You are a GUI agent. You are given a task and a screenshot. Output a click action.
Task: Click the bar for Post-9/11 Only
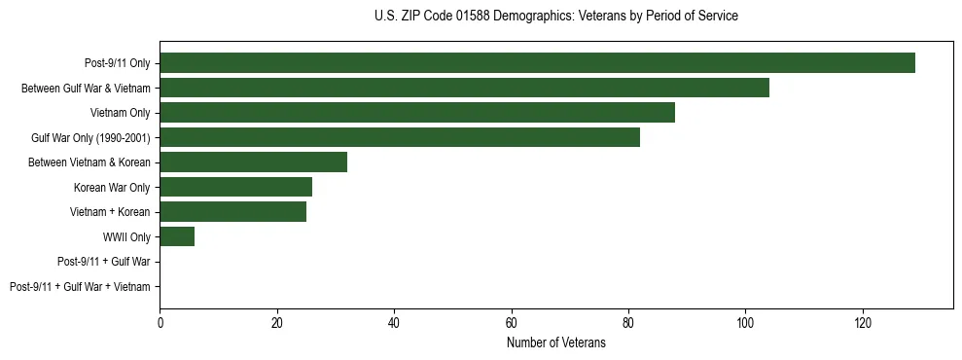[x=537, y=63]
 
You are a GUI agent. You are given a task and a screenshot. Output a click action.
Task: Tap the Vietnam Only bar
[x=417, y=113]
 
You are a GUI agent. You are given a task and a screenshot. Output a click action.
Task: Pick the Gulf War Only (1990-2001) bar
[x=400, y=137]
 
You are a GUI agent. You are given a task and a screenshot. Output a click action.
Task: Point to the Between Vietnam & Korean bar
[x=253, y=162]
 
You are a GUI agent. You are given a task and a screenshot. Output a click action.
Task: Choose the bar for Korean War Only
[x=235, y=187]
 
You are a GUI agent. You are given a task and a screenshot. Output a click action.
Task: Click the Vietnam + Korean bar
[x=232, y=212]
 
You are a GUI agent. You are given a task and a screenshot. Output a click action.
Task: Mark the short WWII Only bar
[x=177, y=236]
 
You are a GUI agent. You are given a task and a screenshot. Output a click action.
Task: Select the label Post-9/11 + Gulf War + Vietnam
[x=80, y=287]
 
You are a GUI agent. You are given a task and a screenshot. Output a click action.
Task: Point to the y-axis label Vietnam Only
[x=120, y=113]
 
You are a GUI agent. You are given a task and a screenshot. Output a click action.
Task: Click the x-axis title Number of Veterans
[x=555, y=342]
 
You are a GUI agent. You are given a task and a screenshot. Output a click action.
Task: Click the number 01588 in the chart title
[x=474, y=17]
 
